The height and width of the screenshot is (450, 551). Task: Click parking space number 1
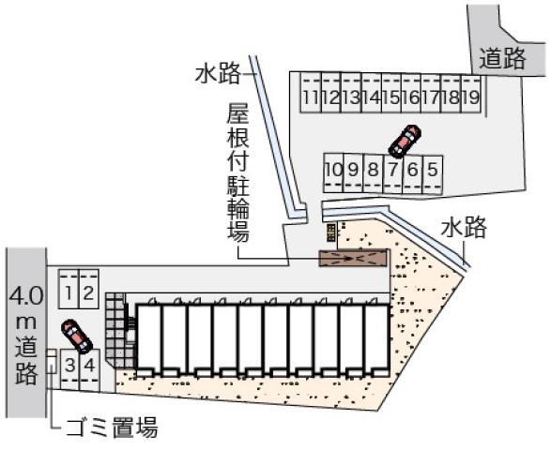(69, 290)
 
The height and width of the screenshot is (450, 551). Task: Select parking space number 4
(89, 369)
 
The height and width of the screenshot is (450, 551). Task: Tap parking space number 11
(311, 93)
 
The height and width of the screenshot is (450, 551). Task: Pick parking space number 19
(471, 93)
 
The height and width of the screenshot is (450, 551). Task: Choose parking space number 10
(333, 172)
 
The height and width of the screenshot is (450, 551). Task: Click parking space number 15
(391, 93)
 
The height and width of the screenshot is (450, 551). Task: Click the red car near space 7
(405, 141)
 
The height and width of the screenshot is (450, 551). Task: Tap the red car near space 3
(77, 337)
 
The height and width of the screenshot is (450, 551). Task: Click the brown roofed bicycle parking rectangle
(353, 258)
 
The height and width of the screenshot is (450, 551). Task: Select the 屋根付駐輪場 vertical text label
(237, 172)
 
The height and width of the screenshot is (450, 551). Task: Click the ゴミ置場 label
(112, 427)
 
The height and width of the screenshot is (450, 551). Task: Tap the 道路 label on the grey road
(502, 58)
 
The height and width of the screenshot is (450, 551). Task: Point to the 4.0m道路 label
(26, 336)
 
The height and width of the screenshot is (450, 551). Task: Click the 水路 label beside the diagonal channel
(464, 227)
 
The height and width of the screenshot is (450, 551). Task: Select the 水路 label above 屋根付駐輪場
(218, 73)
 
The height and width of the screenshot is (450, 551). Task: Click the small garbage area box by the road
(52, 361)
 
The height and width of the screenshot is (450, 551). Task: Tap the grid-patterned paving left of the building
(116, 330)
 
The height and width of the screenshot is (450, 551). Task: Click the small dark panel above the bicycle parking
(331, 232)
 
